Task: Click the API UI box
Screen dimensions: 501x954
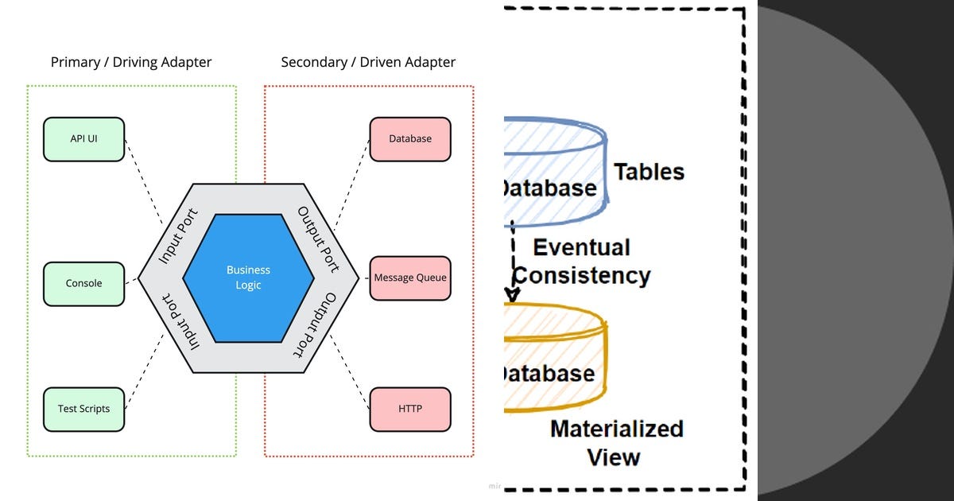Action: (83, 139)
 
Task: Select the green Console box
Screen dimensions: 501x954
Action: (83, 283)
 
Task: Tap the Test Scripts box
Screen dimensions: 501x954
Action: (83, 409)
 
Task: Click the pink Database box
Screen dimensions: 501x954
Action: (410, 139)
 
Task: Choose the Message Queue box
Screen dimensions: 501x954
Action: (410, 278)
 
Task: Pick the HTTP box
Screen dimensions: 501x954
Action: (410, 409)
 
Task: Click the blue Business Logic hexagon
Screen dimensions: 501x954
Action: (248, 278)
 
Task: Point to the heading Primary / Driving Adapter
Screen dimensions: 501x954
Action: (131, 62)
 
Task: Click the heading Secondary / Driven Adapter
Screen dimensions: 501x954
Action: (368, 62)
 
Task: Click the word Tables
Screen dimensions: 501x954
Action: (649, 172)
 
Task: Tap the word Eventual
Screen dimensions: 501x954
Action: (581, 247)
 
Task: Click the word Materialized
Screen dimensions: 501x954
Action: (617, 429)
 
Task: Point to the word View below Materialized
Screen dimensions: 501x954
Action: (614, 457)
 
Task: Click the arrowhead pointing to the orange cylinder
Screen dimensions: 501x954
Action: (513, 296)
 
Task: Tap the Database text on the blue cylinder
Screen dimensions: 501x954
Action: (549, 188)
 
